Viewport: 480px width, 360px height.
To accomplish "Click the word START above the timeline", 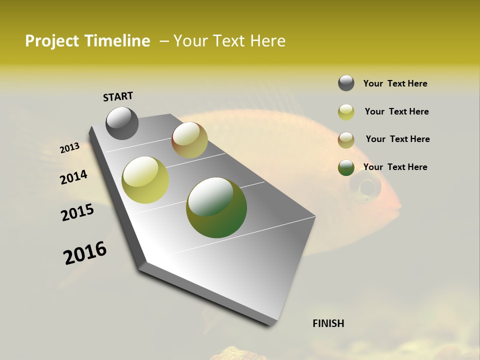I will pos(118,96).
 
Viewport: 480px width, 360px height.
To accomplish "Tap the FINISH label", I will pos(328,323).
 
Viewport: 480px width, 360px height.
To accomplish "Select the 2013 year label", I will pos(69,148).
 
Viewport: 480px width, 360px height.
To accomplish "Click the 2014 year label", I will pos(73,177).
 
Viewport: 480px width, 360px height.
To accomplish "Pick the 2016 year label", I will pos(85,253).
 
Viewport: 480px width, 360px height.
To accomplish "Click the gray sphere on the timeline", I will pos(122,123).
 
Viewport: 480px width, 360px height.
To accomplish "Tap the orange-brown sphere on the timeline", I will pos(189,140).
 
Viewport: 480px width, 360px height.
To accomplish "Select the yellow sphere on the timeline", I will pos(145,180).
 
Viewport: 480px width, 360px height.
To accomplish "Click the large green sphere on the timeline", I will pos(216,207).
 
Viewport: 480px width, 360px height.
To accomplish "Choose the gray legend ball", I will pos(346,83).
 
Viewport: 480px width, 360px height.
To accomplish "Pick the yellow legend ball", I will pos(346,112).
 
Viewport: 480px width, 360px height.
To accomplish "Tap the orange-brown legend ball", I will pos(346,140).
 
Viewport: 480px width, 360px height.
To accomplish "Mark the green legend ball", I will pos(346,168).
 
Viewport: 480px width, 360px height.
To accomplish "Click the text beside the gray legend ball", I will pos(395,83).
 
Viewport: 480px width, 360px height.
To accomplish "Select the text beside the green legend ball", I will pos(395,167).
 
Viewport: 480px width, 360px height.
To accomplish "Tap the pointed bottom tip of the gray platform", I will pos(270,324).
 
